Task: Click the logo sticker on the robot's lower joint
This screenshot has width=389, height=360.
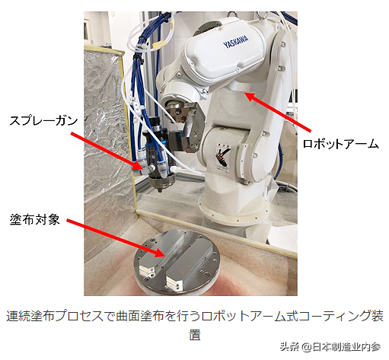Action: pos(222,158)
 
